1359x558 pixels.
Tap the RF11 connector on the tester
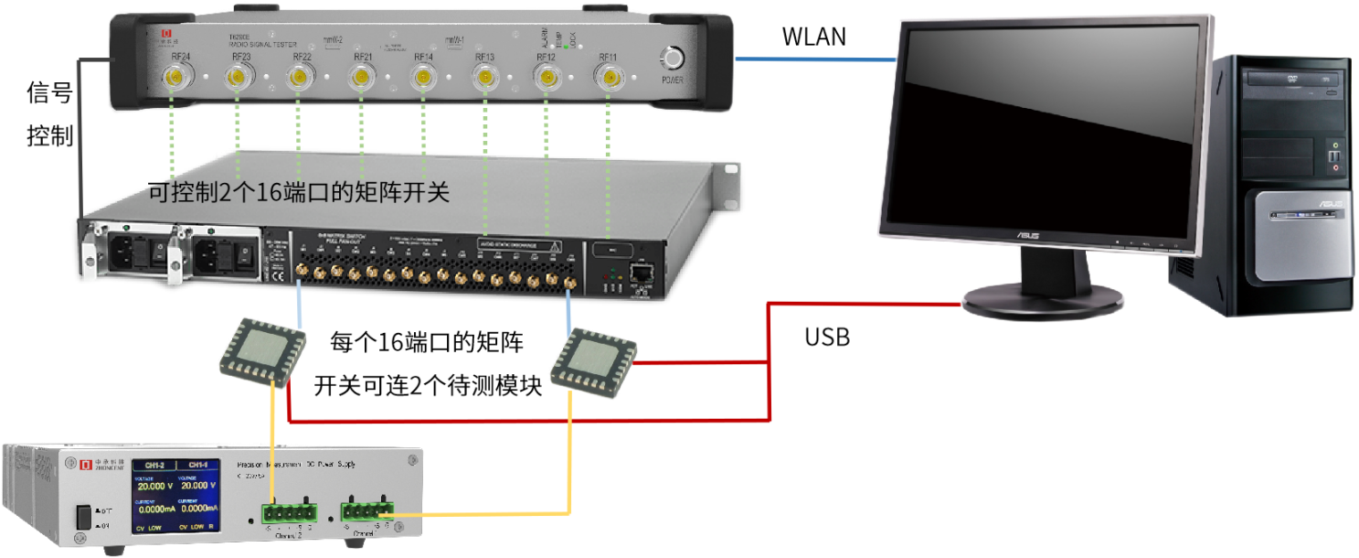click(x=609, y=79)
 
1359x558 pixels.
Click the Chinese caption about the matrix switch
click(x=300, y=193)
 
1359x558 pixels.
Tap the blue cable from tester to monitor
click(x=813, y=60)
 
